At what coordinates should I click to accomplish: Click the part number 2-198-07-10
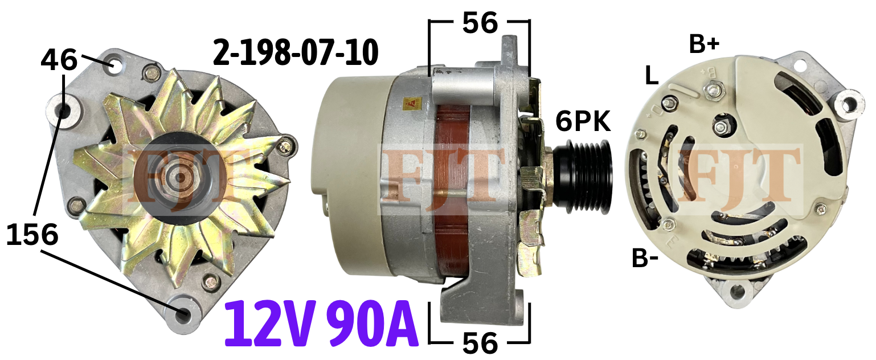[x=296, y=52]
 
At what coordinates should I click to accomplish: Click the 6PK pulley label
[x=583, y=121]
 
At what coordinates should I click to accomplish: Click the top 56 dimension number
[x=480, y=23]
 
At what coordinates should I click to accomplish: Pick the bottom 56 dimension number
[x=480, y=343]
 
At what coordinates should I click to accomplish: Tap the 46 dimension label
[x=59, y=60]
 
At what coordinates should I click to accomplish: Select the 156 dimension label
[x=32, y=235]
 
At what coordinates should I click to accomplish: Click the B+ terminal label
[x=704, y=44]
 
